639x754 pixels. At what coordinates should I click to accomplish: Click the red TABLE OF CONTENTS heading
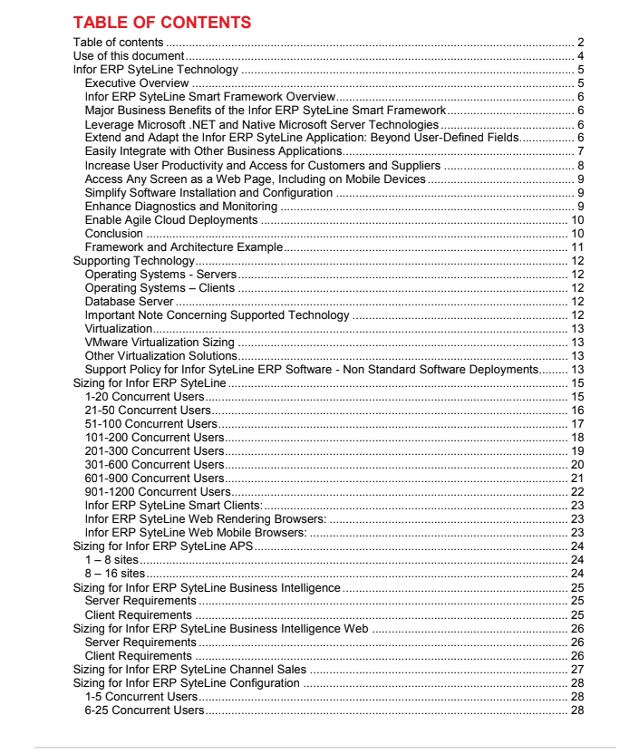pos(161,22)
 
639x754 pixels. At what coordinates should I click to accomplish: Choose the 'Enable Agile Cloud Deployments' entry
pos(171,220)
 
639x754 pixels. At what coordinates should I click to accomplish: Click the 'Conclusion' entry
pos(113,234)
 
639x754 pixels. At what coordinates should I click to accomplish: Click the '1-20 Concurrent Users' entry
pos(144,396)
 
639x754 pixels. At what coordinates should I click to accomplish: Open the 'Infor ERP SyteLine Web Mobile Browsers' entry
pos(196,532)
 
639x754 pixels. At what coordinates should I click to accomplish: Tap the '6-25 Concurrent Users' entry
pos(144,709)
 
